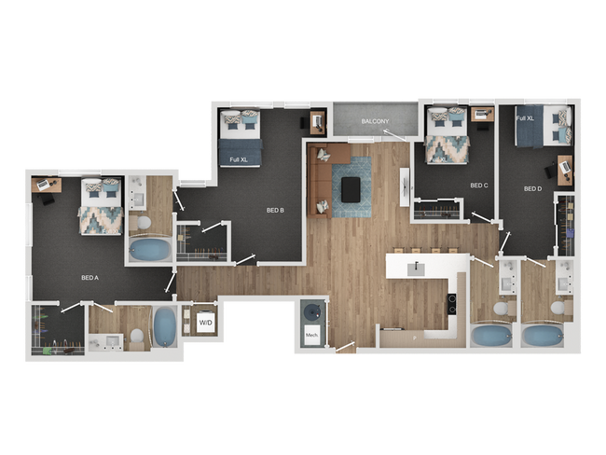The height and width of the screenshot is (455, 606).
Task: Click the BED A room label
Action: (x=90, y=278)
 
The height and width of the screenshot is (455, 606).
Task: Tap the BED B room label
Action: (x=275, y=210)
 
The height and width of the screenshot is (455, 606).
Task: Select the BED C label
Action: (x=478, y=186)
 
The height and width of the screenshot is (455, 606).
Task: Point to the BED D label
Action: (x=532, y=188)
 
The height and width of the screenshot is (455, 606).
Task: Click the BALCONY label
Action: (x=375, y=122)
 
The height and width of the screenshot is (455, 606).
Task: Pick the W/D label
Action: (x=205, y=323)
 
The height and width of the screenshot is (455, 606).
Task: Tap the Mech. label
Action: (x=310, y=333)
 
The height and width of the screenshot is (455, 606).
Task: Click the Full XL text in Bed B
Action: (x=239, y=159)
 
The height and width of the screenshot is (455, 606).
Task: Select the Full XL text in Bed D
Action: (x=525, y=118)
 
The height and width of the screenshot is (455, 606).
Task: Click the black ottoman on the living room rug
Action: (x=351, y=189)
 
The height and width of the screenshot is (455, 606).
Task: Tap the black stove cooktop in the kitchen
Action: (x=451, y=304)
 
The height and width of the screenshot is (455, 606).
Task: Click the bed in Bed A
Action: (x=101, y=207)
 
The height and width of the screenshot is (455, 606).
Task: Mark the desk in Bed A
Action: (x=47, y=185)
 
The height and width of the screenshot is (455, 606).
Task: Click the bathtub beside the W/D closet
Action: (x=165, y=327)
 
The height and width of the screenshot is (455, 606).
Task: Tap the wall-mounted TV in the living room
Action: (x=405, y=186)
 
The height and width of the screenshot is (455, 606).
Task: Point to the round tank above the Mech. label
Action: (x=310, y=311)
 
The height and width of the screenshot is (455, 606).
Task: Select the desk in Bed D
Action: (x=563, y=170)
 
